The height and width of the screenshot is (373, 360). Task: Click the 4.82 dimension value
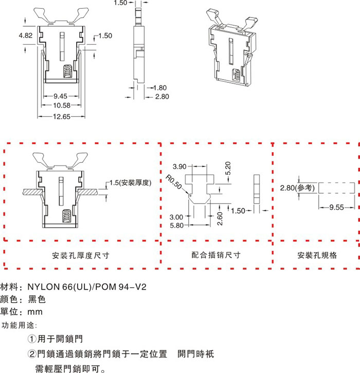tap(26, 35)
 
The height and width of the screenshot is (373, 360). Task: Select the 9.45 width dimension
tap(61, 96)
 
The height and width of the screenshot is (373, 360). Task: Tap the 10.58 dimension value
tap(61, 105)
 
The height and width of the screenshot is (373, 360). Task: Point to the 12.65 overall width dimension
tap(61, 117)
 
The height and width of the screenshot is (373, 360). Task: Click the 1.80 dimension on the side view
tap(160, 88)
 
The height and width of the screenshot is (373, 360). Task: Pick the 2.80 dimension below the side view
tap(161, 96)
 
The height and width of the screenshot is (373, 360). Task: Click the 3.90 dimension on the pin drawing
tap(180, 166)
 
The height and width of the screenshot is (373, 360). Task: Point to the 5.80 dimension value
tap(176, 225)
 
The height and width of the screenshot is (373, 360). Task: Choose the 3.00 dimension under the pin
tap(176, 217)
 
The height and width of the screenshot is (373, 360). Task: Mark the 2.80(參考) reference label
tap(297, 188)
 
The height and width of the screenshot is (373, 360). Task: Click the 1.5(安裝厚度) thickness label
tap(129, 182)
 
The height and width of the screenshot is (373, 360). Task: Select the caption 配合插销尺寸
tap(216, 255)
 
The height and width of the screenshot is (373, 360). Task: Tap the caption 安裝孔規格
tap(317, 255)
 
